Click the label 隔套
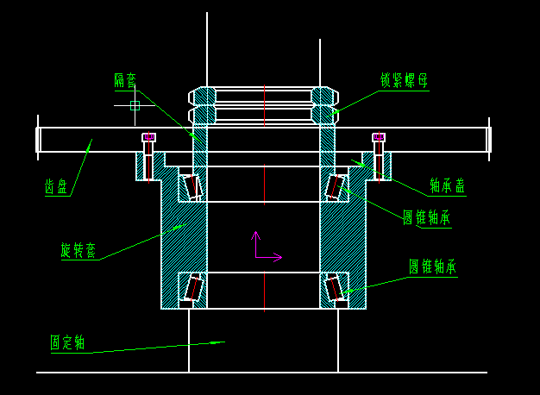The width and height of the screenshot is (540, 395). point(126,80)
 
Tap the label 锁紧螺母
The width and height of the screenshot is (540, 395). point(404,80)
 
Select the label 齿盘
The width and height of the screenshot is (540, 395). point(57,186)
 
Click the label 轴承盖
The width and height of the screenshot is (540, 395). point(448,185)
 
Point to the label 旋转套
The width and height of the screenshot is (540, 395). point(78,250)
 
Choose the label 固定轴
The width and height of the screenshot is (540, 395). point(67,342)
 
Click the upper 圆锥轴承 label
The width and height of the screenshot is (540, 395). point(426,217)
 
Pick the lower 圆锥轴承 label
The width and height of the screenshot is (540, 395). point(432,266)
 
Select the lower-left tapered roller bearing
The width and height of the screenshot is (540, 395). point(193,288)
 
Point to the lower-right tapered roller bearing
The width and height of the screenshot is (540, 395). point(335,287)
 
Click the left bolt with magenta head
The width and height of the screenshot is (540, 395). point(148,156)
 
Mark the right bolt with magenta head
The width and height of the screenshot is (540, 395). point(378,156)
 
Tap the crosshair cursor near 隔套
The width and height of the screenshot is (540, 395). point(135,105)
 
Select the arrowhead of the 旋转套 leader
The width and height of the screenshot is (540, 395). point(179,227)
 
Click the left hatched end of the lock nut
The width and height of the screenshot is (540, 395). point(203,105)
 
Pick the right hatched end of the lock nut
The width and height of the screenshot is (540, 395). point(323,105)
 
